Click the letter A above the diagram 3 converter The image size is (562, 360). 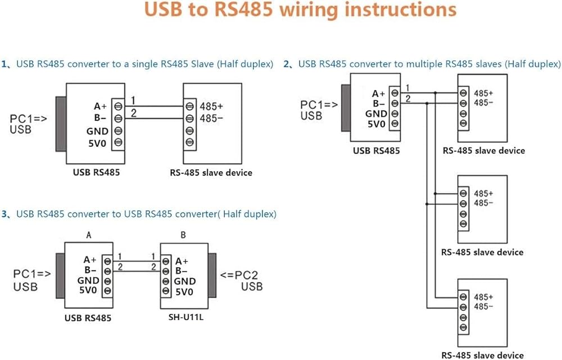(x=88, y=235)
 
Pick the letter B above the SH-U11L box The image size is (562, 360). (x=183, y=235)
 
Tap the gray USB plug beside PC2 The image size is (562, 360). (x=212, y=276)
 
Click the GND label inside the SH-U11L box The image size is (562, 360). (x=185, y=281)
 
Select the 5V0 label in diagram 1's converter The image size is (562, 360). (x=96, y=143)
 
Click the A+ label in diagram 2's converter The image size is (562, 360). (x=379, y=94)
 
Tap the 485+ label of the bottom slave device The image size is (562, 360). (x=483, y=296)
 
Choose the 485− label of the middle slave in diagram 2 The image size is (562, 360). (x=483, y=203)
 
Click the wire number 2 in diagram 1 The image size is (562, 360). (x=133, y=113)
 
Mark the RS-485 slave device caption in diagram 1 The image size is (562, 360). (x=211, y=172)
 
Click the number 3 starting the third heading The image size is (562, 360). (x=4, y=214)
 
